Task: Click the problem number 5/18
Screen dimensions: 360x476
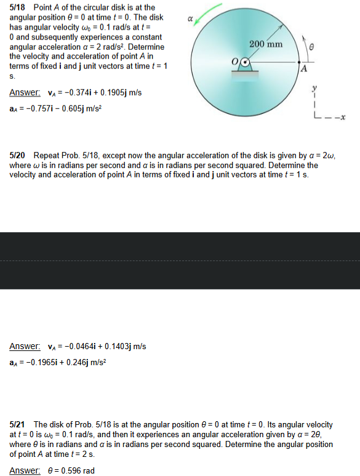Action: tap(19, 6)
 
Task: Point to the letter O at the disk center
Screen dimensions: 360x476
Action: tap(234, 62)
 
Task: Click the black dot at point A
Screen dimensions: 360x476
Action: tap(298, 62)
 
